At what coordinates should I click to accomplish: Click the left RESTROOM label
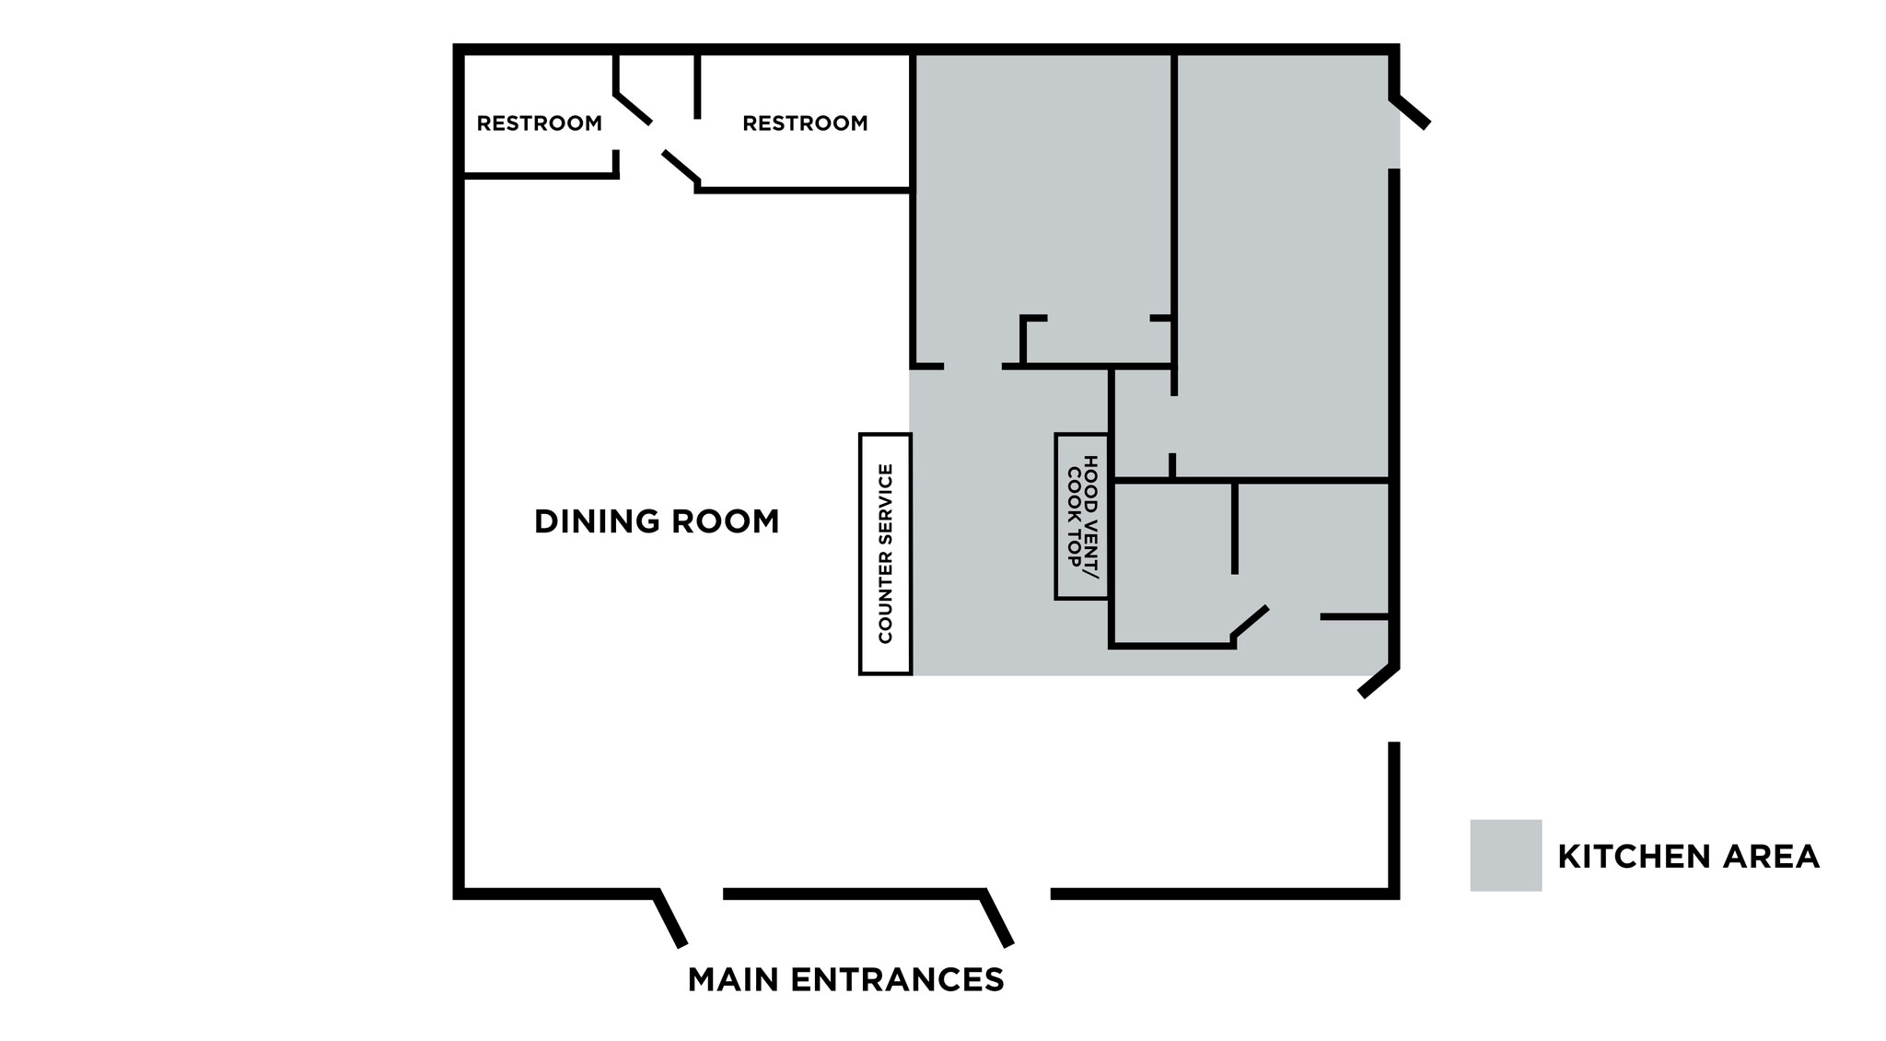pyautogui.click(x=539, y=123)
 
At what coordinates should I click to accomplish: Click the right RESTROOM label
pyautogui.click(x=805, y=123)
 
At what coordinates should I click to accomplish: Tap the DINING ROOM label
pyautogui.click(x=657, y=521)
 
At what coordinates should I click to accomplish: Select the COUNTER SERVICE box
pyautogui.click(x=885, y=554)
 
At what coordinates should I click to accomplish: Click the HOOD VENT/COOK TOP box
pyautogui.click(x=1081, y=516)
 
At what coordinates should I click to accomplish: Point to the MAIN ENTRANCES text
pyautogui.click(x=845, y=979)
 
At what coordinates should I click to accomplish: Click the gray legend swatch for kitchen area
pyautogui.click(x=1505, y=855)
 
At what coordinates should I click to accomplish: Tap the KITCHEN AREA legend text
pyautogui.click(x=1688, y=857)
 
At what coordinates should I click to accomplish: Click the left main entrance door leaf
pyautogui.click(x=670, y=918)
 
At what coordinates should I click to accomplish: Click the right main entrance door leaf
pyautogui.click(x=997, y=918)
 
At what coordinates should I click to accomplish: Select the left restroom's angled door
pyautogui.click(x=634, y=108)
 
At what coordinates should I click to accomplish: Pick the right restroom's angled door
pyautogui.click(x=681, y=167)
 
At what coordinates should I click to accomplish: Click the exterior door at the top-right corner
pyautogui.click(x=1411, y=111)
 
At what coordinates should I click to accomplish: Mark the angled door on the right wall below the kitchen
pyautogui.click(x=1379, y=682)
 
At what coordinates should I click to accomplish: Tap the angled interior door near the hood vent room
pyautogui.click(x=1250, y=622)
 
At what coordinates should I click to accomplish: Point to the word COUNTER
pyautogui.click(x=885, y=600)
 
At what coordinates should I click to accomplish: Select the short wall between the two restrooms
pyautogui.click(x=697, y=86)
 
